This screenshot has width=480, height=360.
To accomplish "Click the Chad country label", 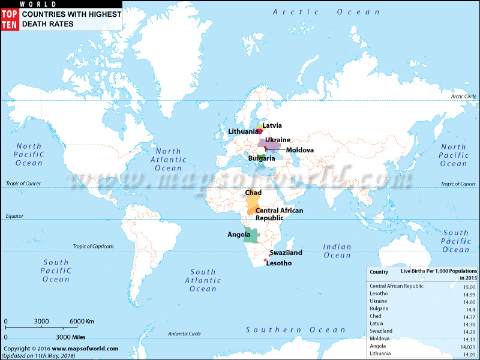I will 253,193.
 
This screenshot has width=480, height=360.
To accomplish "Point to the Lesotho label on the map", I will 278,263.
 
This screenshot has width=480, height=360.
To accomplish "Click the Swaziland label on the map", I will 286,253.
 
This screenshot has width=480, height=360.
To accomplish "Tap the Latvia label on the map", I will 272,125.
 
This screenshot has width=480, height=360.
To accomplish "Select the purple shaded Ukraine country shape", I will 271,146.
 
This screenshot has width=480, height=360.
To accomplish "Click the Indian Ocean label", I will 337,251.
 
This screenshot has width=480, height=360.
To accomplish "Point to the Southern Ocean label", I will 296,330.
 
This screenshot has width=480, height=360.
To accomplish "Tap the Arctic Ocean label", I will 326,12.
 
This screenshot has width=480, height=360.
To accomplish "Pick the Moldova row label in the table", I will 381,338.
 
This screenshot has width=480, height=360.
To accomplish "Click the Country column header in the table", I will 379,271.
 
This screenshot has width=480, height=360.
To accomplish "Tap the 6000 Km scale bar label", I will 81,322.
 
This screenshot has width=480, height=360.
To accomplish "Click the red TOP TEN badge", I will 10,17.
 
